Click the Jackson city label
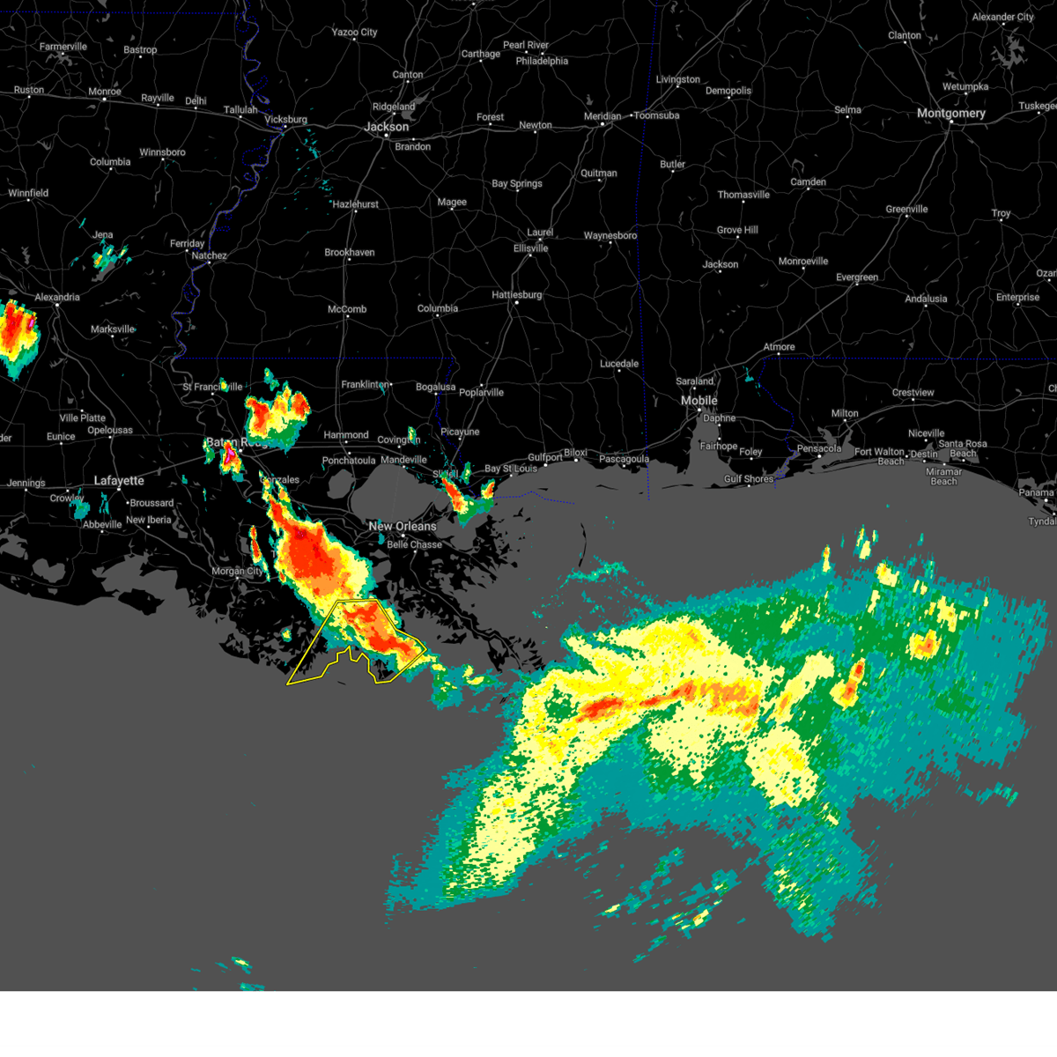387,127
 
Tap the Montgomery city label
950,114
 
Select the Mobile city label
699,401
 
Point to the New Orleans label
403,527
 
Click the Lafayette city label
119,481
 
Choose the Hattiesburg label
517,295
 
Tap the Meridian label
602,116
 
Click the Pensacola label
819,449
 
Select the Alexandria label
57,298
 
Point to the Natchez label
209,256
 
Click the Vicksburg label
285,120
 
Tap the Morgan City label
237,572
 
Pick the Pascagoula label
624,460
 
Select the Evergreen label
857,277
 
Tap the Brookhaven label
350,253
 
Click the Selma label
847,110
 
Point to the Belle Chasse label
414,545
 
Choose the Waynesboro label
610,236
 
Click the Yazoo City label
354,33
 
